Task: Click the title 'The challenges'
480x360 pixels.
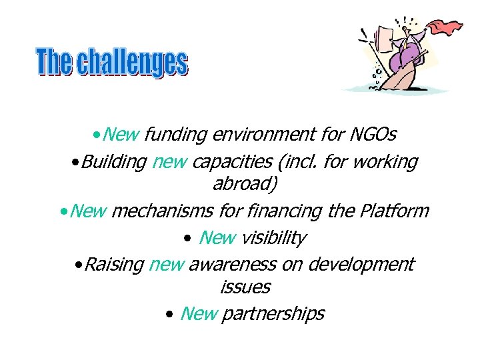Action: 112,63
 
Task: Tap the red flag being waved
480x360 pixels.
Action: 445,28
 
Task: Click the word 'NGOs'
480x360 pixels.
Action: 373,135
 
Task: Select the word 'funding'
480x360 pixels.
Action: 175,135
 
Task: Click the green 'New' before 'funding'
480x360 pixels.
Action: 121,135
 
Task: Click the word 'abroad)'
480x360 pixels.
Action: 241,184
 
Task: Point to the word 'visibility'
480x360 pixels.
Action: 273,237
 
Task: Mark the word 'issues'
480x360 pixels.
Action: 245,287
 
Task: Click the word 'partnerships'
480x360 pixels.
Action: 273,313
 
